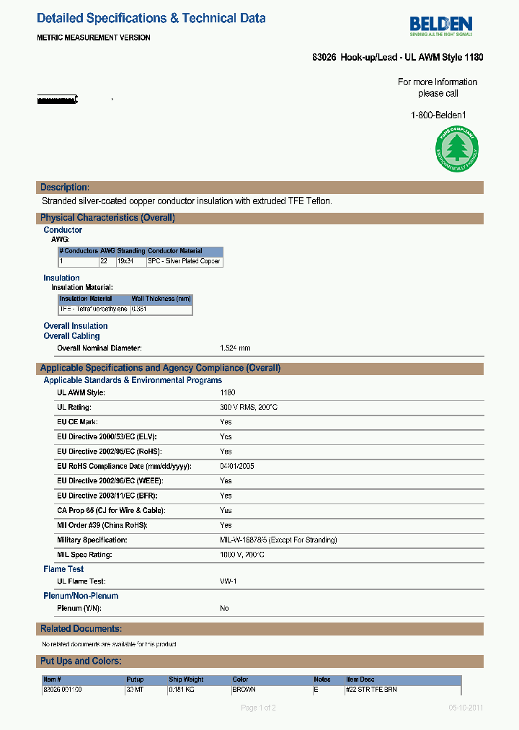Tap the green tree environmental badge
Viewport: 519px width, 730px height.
455,150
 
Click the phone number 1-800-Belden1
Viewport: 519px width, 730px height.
438,115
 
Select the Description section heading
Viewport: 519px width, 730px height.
65,188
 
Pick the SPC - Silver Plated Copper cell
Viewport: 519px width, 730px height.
184,261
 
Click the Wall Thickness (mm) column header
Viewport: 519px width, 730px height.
161,299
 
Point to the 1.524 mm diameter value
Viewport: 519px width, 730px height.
235,348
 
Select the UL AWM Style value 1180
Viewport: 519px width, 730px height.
228,392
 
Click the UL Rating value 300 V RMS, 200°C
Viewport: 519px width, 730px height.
249,408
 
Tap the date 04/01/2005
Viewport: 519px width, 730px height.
237,466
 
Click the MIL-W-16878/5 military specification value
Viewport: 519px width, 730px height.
278,540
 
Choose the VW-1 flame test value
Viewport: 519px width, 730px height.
229,581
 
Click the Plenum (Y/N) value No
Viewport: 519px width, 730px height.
224,608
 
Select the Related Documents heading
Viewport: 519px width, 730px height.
81,629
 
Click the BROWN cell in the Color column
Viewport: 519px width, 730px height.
244,690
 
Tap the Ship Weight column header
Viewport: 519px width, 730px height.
186,680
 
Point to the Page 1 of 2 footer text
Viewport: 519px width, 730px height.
258,708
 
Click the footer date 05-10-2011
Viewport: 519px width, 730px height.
466,708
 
